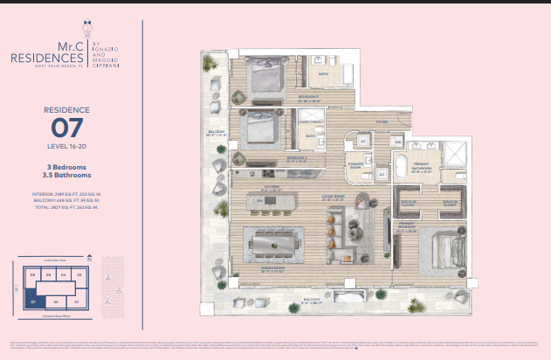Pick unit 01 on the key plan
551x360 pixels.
[x=77, y=301]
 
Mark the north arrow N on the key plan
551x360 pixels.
[x=90, y=259]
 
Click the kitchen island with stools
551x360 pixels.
[x=271, y=202]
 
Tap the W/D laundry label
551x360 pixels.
[x=398, y=140]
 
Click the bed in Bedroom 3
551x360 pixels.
[x=263, y=131]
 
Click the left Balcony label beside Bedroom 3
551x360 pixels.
[x=215, y=134]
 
